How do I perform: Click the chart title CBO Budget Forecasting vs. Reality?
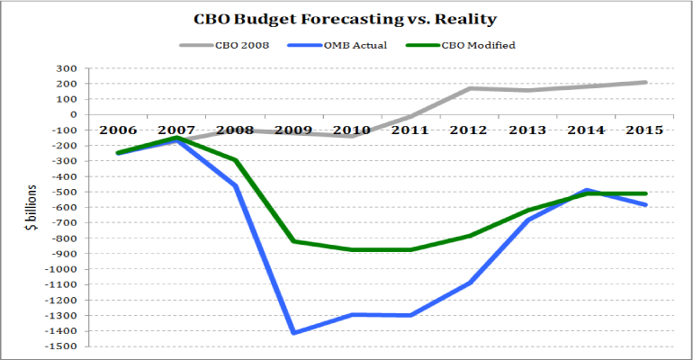[x=346, y=18]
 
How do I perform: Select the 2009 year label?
[x=293, y=130]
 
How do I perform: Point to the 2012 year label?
[x=470, y=130]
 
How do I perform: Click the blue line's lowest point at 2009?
[x=293, y=333]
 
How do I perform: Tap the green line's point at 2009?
[x=293, y=241]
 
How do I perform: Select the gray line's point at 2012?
[x=470, y=88]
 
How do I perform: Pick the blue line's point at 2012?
[x=470, y=283]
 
